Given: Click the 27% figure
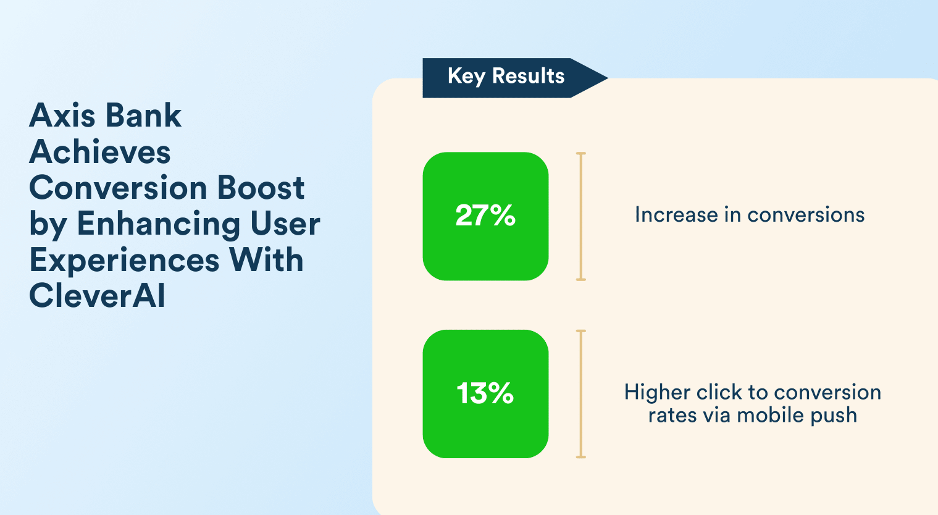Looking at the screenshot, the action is click(x=485, y=216).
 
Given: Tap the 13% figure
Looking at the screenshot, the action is click(x=485, y=393).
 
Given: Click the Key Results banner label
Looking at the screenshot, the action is click(x=506, y=76).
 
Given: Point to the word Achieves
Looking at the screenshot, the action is click(x=99, y=151).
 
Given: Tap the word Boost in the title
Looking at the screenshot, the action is click(x=261, y=187).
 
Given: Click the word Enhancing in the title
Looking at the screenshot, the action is click(x=159, y=225).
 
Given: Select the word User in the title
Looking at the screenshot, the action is click(x=285, y=224).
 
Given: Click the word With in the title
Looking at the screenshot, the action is click(x=266, y=259).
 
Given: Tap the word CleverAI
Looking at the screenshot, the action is click(x=97, y=296).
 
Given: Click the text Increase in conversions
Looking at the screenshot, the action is click(x=750, y=215).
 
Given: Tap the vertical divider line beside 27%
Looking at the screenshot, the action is click(x=581, y=216).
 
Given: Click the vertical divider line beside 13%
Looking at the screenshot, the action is click(x=581, y=393).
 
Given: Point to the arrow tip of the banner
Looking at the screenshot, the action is click(x=608, y=78).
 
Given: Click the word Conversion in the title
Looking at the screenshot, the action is click(x=118, y=187).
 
